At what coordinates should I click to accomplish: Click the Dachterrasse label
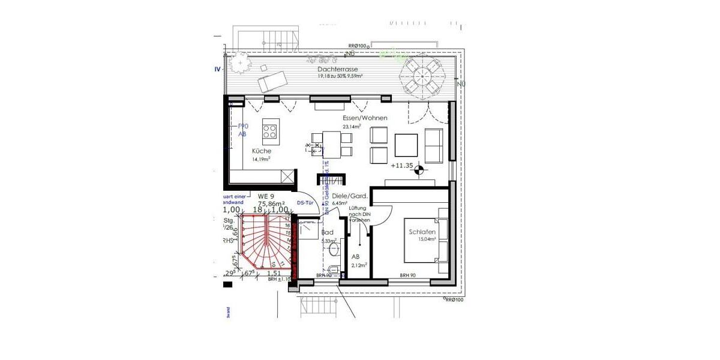337,69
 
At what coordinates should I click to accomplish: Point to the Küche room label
262,151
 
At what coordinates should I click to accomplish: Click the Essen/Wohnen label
364,118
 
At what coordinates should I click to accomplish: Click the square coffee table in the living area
406,145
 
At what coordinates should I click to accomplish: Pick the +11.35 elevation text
402,165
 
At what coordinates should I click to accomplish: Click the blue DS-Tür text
306,203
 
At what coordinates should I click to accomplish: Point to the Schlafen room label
422,232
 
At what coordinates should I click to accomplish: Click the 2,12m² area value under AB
358,265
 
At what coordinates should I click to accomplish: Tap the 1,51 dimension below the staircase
273,273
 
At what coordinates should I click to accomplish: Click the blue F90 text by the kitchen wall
242,126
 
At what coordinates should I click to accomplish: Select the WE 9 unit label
266,196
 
